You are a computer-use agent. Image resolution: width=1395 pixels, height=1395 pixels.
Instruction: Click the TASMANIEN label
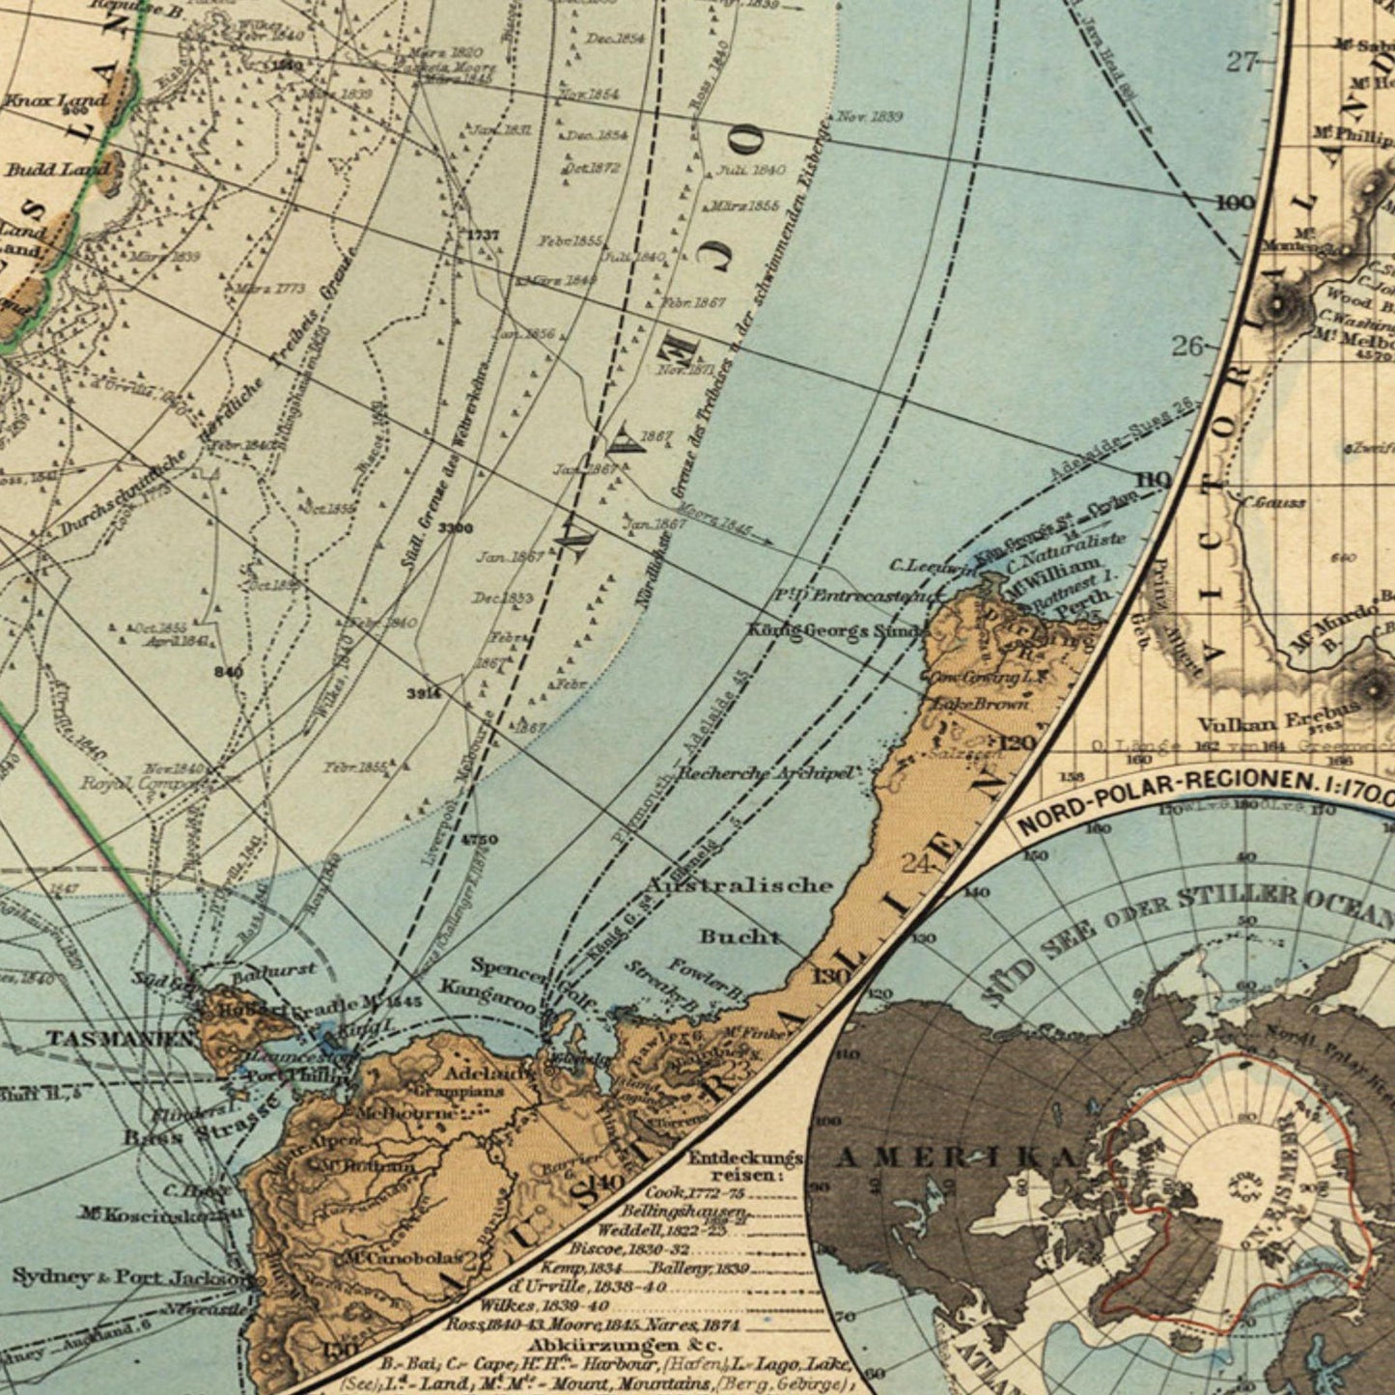point(122,1039)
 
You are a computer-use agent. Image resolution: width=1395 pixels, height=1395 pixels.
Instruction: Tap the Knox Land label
point(56,100)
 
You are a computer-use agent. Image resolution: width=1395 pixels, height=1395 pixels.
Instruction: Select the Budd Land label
point(58,170)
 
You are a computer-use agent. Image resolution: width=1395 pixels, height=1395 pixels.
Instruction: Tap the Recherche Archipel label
point(766,773)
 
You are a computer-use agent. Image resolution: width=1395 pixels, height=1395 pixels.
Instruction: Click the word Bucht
point(739,936)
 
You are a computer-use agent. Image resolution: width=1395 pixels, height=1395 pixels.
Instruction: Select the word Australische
point(739,884)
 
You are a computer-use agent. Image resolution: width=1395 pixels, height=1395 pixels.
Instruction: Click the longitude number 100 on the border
point(1236,203)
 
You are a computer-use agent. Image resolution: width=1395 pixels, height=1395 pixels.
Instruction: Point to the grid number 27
point(1242,62)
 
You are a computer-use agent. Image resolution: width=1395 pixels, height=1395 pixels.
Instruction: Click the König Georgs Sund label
point(836,630)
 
